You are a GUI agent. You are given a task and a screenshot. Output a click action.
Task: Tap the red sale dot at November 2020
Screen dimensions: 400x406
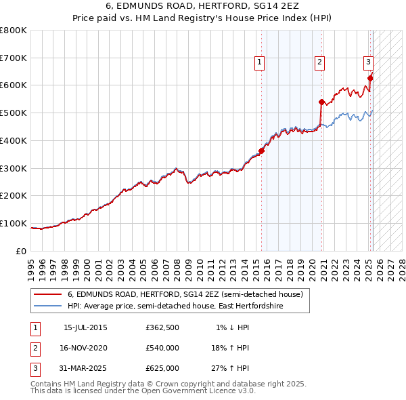(x=321, y=102)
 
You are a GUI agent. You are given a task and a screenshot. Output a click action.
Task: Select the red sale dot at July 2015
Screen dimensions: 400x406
(x=262, y=151)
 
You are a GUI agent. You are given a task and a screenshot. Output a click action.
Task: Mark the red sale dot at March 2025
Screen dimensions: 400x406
(x=370, y=79)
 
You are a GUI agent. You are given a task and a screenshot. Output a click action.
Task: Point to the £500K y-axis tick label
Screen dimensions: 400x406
(x=14, y=113)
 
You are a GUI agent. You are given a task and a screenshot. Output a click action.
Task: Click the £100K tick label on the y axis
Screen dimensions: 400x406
(x=14, y=223)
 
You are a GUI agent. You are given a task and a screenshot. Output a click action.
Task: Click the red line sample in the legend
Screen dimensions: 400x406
(x=48, y=294)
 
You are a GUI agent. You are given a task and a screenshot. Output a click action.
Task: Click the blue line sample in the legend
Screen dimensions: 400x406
(x=48, y=306)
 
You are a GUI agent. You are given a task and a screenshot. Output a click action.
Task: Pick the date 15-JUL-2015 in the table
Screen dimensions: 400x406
(x=85, y=327)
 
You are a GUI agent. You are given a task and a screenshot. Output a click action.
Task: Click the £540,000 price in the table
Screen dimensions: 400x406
(x=162, y=348)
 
